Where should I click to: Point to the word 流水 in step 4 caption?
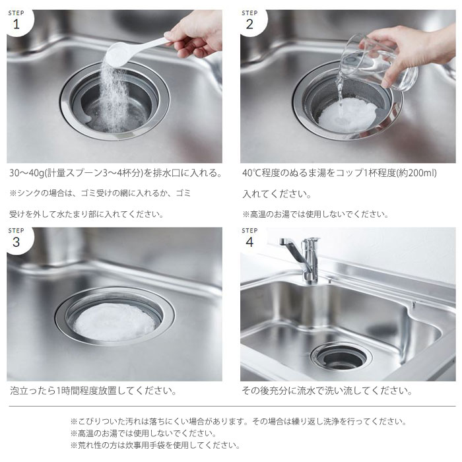311,391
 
